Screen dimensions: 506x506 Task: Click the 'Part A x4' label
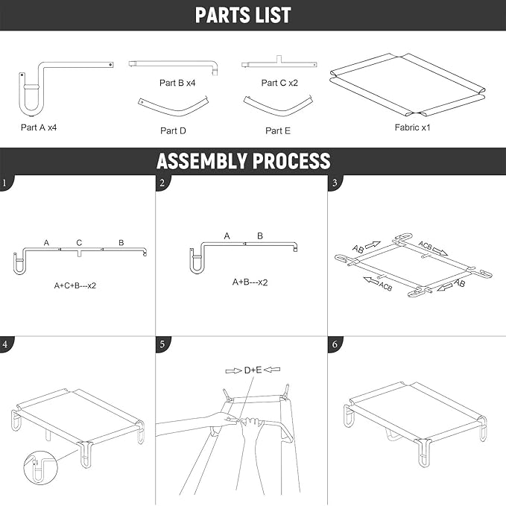click(39, 127)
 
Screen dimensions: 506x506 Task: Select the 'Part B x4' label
click(177, 83)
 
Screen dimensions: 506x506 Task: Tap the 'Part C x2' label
click(279, 83)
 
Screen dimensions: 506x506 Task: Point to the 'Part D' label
click(174, 130)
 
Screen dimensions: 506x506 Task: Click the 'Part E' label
click(278, 130)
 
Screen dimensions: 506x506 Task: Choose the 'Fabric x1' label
click(412, 127)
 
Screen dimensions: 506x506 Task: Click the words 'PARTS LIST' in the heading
click(243, 15)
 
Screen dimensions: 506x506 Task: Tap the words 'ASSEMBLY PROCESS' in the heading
click(244, 161)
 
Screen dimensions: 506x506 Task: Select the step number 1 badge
click(6, 183)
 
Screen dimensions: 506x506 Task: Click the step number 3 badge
click(335, 183)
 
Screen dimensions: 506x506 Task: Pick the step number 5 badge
click(162, 344)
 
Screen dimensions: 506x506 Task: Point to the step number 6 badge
click(335, 344)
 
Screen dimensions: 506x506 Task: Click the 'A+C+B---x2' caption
click(75, 285)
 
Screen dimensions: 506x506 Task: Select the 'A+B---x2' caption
click(250, 282)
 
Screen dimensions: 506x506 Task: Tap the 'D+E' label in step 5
click(253, 370)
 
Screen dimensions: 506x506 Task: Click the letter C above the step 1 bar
click(79, 242)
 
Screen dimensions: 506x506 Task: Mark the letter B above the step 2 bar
click(260, 236)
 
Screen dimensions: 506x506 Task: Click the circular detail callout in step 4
click(40, 467)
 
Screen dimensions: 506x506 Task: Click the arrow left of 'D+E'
click(234, 371)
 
